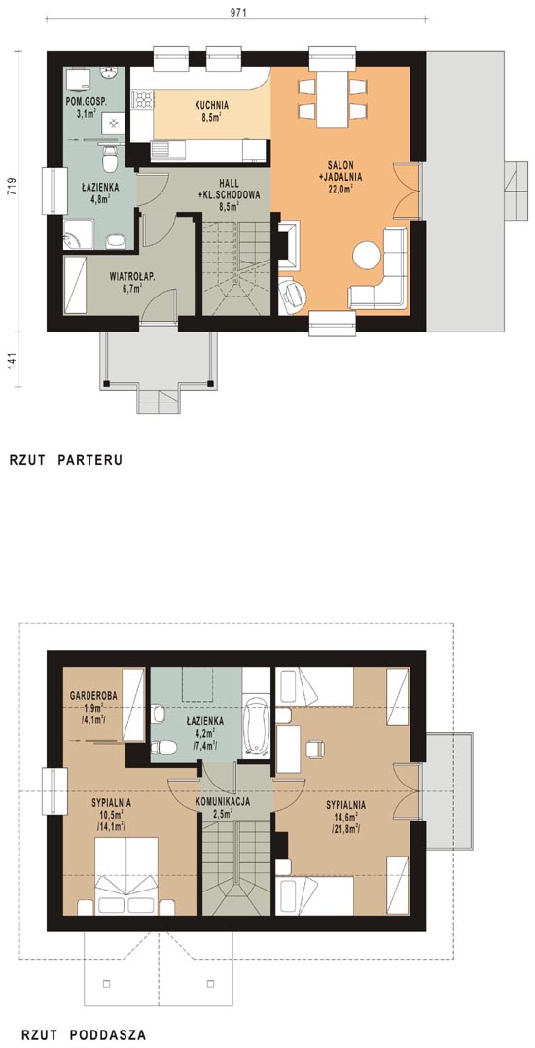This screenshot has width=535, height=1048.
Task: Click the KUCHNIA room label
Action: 212,105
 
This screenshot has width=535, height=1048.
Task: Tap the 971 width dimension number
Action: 236,12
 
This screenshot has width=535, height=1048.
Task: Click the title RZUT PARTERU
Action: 65,460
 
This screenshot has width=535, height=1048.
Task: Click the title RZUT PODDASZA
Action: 84,1034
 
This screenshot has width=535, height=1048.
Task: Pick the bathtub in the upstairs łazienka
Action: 256,727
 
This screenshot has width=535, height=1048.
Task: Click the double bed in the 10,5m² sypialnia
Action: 126,876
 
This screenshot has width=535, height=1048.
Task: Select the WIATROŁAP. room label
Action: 132,275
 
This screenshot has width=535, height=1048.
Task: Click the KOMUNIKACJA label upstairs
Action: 224,801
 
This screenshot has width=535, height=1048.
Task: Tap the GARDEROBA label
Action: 94,696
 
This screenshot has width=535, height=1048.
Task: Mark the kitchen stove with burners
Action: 142,100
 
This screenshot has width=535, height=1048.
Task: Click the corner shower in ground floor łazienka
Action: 78,234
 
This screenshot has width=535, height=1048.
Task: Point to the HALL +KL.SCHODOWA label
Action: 228,189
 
